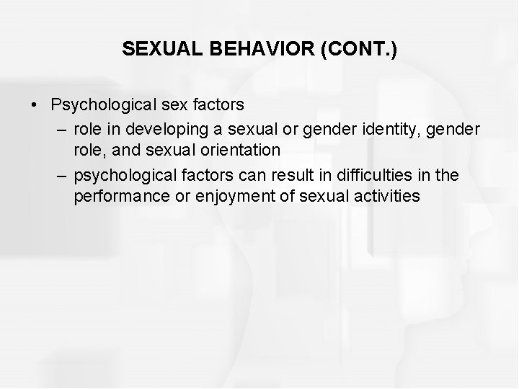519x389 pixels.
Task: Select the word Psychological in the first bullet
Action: pyautogui.click(x=98, y=105)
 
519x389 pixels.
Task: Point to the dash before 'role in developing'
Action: pyautogui.click(x=62, y=128)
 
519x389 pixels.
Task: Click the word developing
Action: pyautogui.click(x=161, y=128)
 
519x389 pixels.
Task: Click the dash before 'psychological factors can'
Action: pyautogui.click(x=62, y=174)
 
